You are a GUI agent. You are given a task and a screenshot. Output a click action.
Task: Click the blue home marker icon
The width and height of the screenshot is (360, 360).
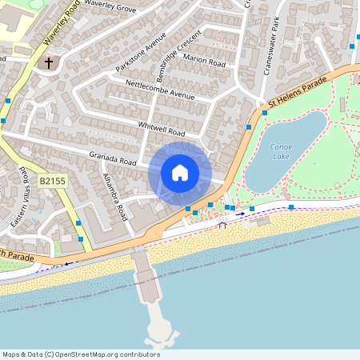click(x=180, y=173)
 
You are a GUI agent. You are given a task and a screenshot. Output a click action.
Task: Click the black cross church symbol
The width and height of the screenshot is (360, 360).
click(x=48, y=62)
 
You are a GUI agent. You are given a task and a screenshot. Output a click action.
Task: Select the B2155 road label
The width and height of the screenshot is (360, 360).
click(x=53, y=182)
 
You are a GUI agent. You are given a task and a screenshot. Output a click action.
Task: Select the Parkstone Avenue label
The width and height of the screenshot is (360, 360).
click(x=140, y=53)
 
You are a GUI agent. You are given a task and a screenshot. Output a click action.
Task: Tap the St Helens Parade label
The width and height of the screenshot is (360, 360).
click(x=298, y=90)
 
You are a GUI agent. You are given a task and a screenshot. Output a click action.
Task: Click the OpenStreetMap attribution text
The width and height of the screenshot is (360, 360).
click(x=81, y=354)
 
